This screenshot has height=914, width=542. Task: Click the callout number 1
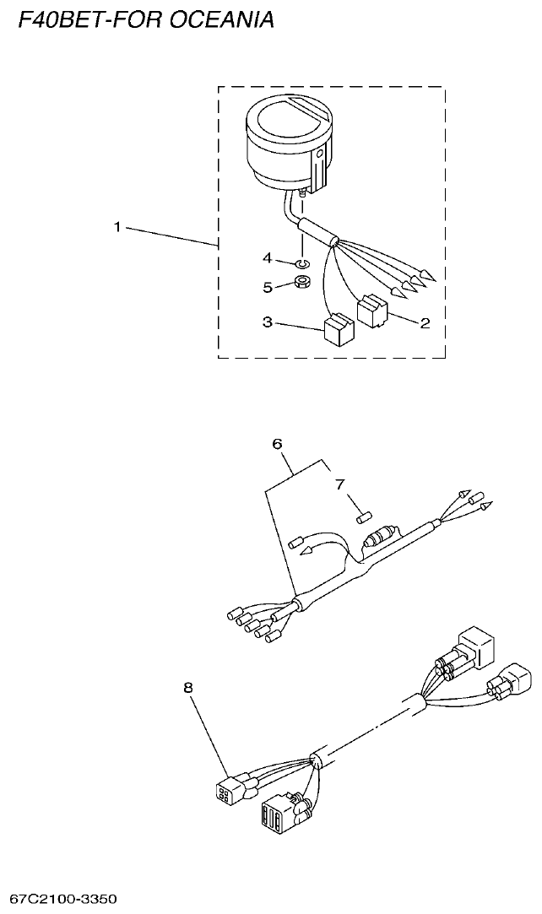click(117, 227)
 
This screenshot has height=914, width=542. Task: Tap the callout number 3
click(268, 322)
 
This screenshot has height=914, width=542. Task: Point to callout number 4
click(268, 257)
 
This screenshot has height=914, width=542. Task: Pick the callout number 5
click(268, 287)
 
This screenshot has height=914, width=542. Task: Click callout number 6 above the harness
click(278, 444)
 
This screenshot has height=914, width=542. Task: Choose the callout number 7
click(340, 484)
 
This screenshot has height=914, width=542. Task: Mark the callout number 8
click(187, 687)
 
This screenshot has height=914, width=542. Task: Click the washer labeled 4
click(302, 263)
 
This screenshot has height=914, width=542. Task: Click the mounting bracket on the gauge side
click(319, 169)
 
